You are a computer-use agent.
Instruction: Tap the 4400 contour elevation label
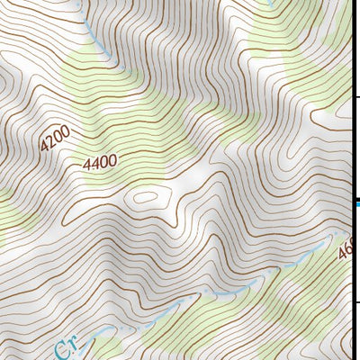[x=99, y=163]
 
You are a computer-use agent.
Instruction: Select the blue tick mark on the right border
[x=355, y=204]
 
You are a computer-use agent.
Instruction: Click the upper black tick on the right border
[x=355, y=96]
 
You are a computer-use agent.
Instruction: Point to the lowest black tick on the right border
[x=355, y=301]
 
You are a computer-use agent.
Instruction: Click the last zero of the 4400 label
[x=112, y=161]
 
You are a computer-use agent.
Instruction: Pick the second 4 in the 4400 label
[x=94, y=164]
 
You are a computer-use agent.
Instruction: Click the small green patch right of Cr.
[x=108, y=346]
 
